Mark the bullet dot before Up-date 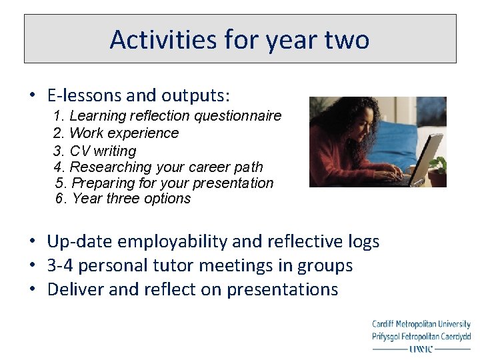coord(32,241)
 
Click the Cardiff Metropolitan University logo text coord(421,325)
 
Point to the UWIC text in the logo coord(421,348)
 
